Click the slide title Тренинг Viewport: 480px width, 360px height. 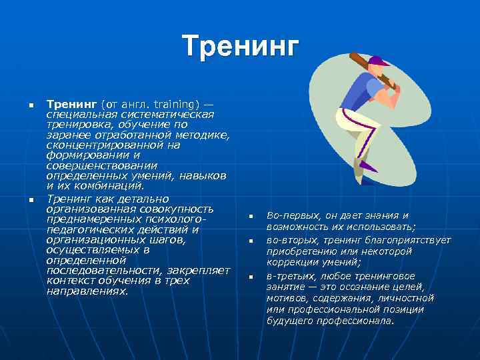tap(241, 47)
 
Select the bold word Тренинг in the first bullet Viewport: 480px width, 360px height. tap(72, 105)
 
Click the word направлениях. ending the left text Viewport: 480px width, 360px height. tap(87, 291)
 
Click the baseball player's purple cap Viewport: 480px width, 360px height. tap(378, 61)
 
